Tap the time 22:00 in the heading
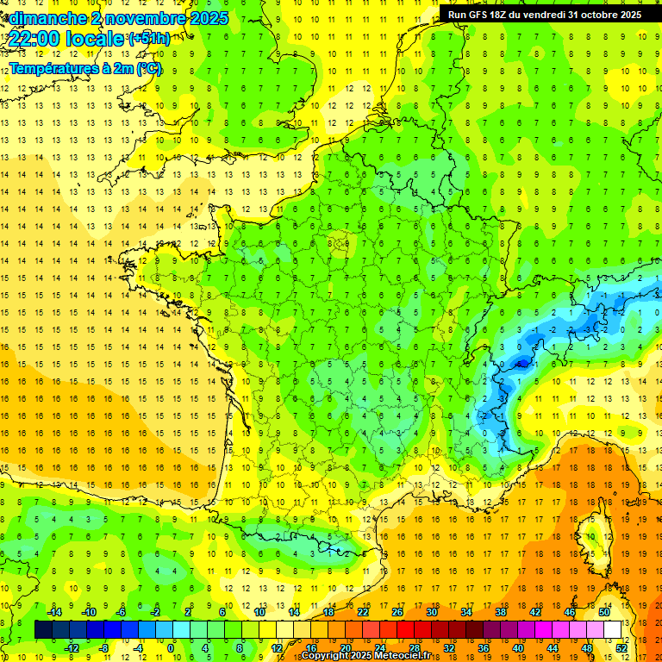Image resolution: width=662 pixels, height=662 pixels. coord(33,39)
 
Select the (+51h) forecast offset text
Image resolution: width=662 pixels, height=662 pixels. coord(148,38)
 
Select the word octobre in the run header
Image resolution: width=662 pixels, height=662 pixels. coord(603,15)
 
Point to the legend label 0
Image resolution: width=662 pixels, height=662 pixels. coord(171,647)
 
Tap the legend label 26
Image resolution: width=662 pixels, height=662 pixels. coord(397,612)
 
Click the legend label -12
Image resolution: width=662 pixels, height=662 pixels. coord(72,647)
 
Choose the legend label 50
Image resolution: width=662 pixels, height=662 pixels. coord(604,612)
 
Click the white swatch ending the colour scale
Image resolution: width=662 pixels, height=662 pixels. coord(613,629)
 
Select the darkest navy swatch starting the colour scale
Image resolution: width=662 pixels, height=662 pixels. coord(43,629)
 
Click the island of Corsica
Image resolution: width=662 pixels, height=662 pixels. coord(590,534)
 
